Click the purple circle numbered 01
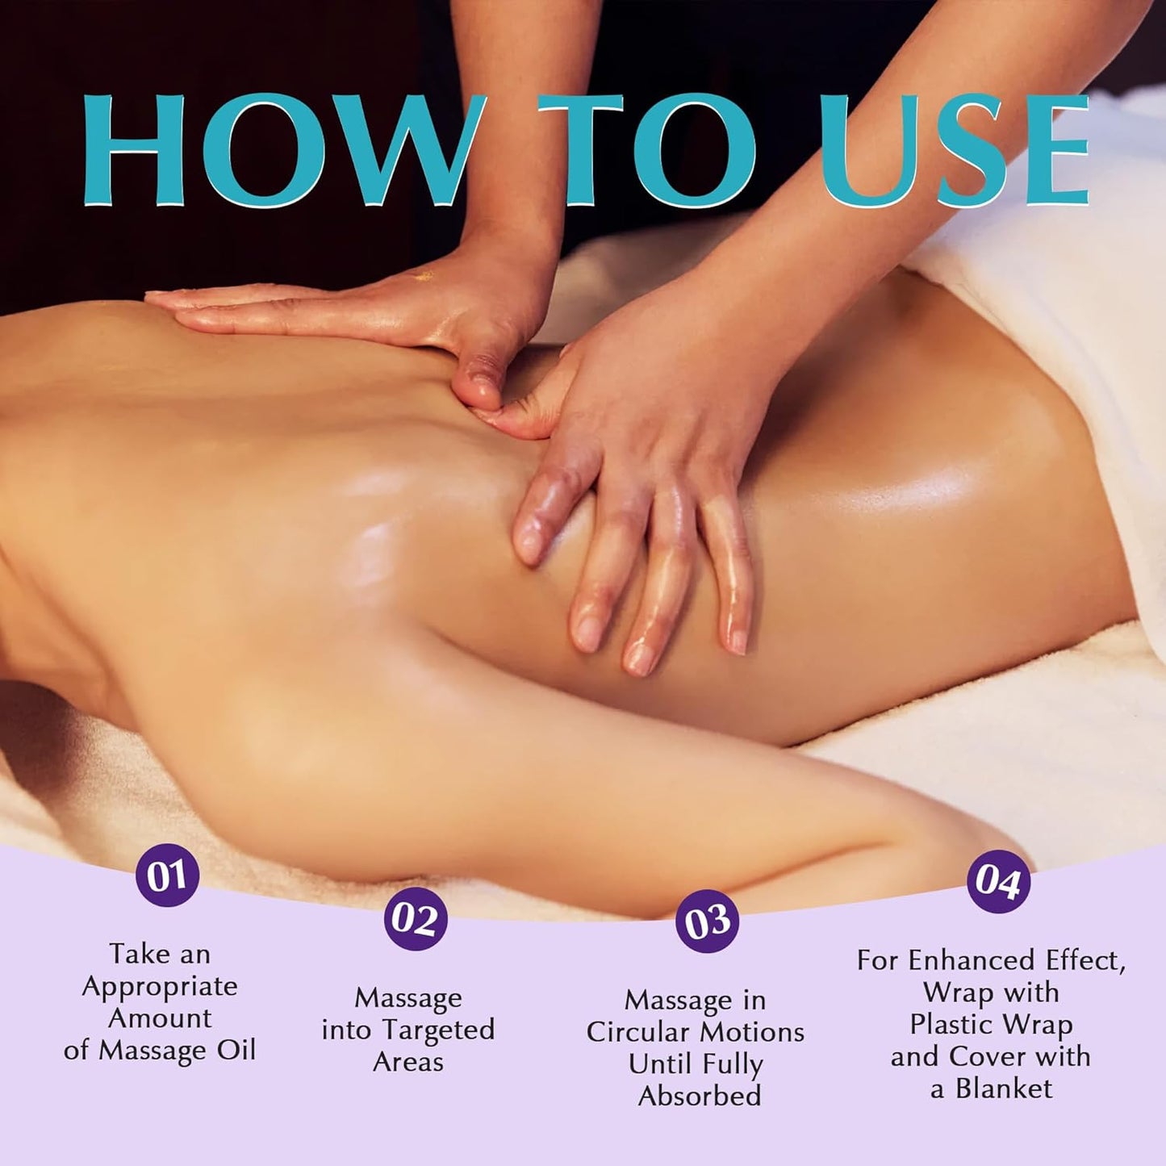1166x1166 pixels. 167,876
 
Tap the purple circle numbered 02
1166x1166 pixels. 415,919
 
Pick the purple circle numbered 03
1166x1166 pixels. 708,922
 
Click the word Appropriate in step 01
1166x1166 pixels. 160,986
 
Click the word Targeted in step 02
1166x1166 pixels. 438,1030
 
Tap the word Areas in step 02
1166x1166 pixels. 408,1062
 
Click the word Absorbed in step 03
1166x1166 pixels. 700,1096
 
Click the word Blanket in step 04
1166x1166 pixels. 1004,1089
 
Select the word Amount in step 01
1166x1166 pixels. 160,1018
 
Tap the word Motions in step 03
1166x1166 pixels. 750,1032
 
